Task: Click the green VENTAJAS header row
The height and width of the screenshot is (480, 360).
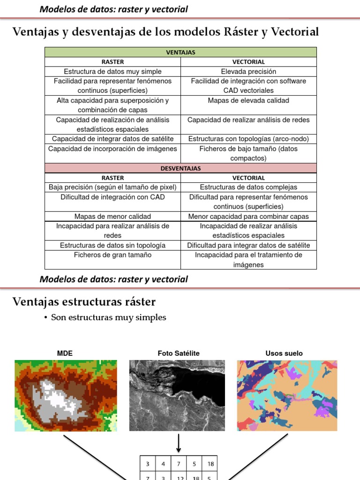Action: (x=180, y=52)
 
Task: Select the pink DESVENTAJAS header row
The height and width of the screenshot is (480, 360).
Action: (x=180, y=168)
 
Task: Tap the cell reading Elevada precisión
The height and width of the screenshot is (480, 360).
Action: (x=248, y=71)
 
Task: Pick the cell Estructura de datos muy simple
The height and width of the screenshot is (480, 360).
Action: (x=112, y=71)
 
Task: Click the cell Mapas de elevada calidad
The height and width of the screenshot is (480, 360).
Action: (x=248, y=100)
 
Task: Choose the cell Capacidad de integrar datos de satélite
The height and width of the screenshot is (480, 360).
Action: (x=112, y=139)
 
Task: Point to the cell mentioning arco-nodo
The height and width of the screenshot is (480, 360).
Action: (x=248, y=139)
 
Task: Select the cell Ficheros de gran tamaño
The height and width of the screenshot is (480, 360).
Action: (x=112, y=255)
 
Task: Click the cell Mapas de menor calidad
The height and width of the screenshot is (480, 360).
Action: (x=112, y=217)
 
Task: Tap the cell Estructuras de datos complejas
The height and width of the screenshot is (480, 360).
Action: (x=248, y=187)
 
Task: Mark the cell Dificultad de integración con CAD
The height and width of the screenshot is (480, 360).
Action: (x=112, y=197)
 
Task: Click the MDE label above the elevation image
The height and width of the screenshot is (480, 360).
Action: (x=65, y=353)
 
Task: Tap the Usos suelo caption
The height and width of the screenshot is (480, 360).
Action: (x=284, y=353)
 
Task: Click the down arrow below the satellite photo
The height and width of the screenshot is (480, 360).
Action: (x=179, y=442)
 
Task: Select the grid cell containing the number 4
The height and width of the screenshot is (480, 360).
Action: (x=163, y=464)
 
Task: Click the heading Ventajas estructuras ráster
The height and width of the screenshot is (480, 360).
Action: (x=84, y=301)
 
